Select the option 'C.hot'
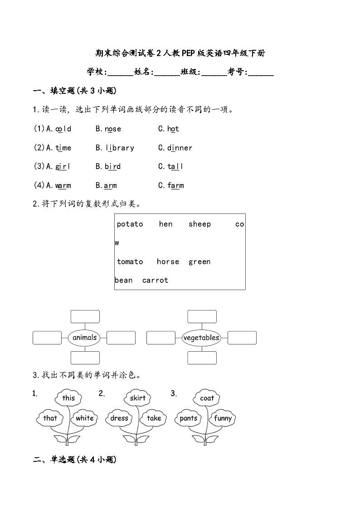point(169,129)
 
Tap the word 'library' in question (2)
point(120,148)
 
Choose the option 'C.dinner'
point(175,148)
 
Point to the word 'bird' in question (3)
point(112,167)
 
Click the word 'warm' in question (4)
point(63,186)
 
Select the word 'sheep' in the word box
point(199,224)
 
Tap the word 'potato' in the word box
point(130,224)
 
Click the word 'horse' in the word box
point(168,262)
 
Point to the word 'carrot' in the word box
point(155,281)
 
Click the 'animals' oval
point(85,338)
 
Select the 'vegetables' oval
point(201,338)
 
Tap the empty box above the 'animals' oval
point(85,316)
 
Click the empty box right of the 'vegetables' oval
point(242,338)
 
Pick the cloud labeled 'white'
point(85,418)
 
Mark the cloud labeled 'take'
point(154,418)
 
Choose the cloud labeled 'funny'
point(223,418)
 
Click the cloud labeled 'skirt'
point(137,398)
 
